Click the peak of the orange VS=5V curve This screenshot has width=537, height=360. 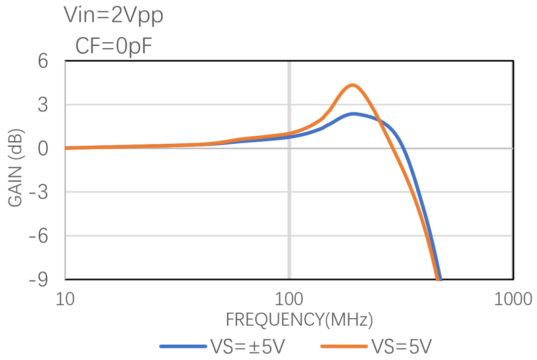[x=353, y=85]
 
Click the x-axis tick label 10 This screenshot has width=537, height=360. [x=66, y=299]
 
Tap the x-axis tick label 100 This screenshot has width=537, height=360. [x=289, y=299]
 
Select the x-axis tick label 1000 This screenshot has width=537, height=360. [x=512, y=299]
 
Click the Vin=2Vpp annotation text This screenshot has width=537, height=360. [x=113, y=16]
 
